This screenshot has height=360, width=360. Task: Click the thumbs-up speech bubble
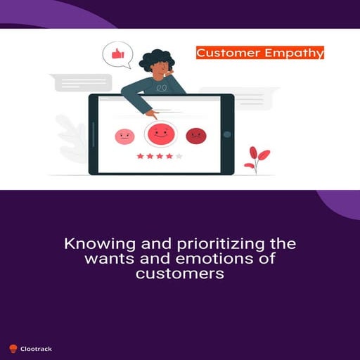click(x=117, y=54)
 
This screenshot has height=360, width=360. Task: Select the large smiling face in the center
click(x=161, y=132)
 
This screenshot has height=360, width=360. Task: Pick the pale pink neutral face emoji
click(x=124, y=136)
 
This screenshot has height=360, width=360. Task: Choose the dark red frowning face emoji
click(x=195, y=136)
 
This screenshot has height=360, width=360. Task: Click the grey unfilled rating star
click(x=179, y=156)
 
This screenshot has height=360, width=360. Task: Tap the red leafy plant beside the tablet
click(x=257, y=159)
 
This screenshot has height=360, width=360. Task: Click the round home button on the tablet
click(x=227, y=134)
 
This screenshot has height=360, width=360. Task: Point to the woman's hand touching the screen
click(x=150, y=112)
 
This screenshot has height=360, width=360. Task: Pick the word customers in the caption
click(x=179, y=274)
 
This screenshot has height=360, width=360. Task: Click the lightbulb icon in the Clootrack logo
click(x=13, y=348)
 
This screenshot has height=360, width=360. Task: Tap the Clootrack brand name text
click(x=36, y=348)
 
